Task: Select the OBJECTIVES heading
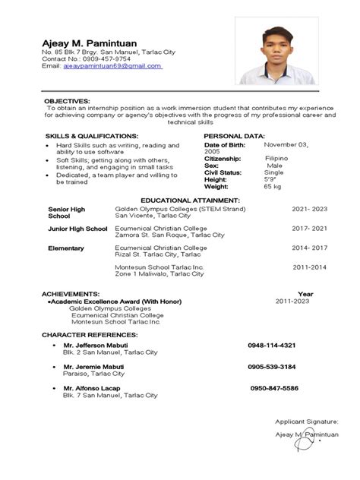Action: click(x=67, y=100)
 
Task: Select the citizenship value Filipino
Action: click(x=276, y=158)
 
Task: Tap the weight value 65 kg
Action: click(x=272, y=186)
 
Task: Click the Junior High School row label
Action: click(x=77, y=229)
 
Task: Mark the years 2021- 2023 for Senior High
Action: click(x=310, y=207)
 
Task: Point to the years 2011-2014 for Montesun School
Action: click(x=310, y=267)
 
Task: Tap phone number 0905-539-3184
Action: click(x=272, y=367)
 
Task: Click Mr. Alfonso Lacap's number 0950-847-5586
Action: click(x=274, y=388)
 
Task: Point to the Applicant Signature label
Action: click(x=308, y=420)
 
